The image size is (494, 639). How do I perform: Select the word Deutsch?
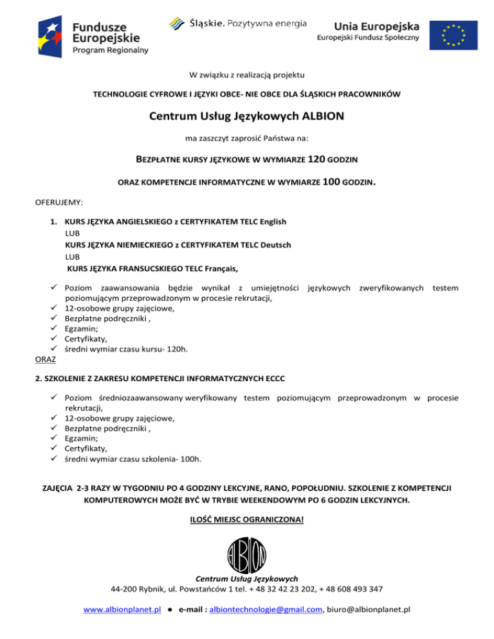pyautogui.click(x=275, y=244)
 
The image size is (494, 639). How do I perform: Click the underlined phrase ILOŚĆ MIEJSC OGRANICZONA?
pyautogui.click(x=246, y=518)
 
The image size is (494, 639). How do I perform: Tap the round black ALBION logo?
pyautogui.click(x=247, y=554)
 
